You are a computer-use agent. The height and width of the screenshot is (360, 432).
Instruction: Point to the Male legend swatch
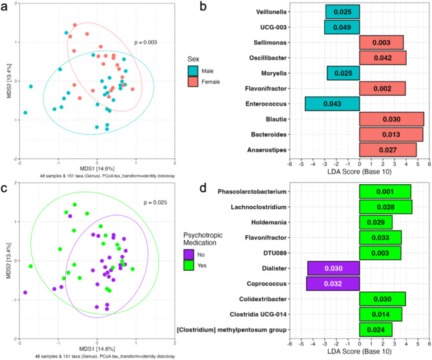pyautogui.click(x=193, y=70)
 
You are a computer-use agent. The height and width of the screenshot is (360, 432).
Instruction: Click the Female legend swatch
pyautogui.click(x=193, y=81)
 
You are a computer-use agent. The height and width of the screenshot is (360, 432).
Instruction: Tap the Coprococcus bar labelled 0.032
pyautogui.click(x=333, y=283)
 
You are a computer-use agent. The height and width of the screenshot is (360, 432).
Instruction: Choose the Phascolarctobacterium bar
pyautogui.click(x=385, y=191)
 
